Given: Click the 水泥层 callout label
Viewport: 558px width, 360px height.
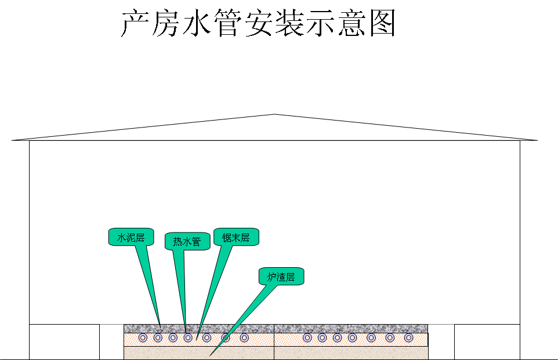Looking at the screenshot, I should click(131, 237).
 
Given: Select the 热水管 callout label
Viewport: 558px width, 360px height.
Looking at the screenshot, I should click(187, 241).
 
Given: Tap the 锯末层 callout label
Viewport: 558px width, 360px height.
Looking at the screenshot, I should click(235, 237).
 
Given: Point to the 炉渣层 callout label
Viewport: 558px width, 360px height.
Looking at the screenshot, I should click(281, 277).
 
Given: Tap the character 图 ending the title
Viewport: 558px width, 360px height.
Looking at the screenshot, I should click(382, 24).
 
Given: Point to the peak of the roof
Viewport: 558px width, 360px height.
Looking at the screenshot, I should click(274, 115).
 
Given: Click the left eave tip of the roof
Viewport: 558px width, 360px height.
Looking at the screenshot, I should click(12, 140).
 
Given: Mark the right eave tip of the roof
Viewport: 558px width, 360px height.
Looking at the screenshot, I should click(537, 140).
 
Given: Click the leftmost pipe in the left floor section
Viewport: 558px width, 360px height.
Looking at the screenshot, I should click(143, 338).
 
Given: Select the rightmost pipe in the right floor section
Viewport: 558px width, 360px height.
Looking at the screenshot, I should click(408, 338).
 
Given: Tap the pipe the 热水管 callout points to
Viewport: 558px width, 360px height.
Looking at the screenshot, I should click(187, 338).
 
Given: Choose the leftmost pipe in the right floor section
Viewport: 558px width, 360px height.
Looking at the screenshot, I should click(307, 338).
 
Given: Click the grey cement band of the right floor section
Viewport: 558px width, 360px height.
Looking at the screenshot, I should click(351, 328).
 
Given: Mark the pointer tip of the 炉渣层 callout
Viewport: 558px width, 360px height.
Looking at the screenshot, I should click(210, 355).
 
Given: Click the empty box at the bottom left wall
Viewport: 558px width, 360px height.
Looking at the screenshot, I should click(64, 342).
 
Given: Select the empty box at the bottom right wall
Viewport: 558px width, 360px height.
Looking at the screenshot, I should click(487, 342).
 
